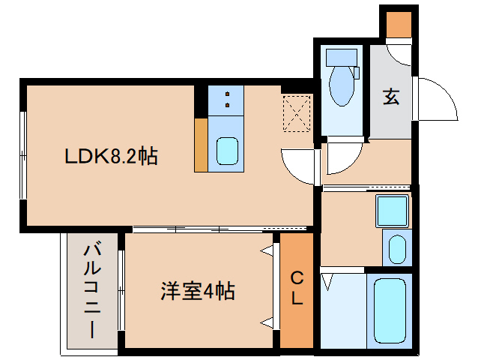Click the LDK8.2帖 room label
(110, 157)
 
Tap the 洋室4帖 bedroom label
(198, 291)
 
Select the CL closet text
(297, 289)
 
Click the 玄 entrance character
(390, 97)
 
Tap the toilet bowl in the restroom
(342, 87)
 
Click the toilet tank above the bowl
(341, 57)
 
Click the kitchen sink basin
(226, 151)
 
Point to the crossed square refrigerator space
(298, 114)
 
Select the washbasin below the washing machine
(396, 248)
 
